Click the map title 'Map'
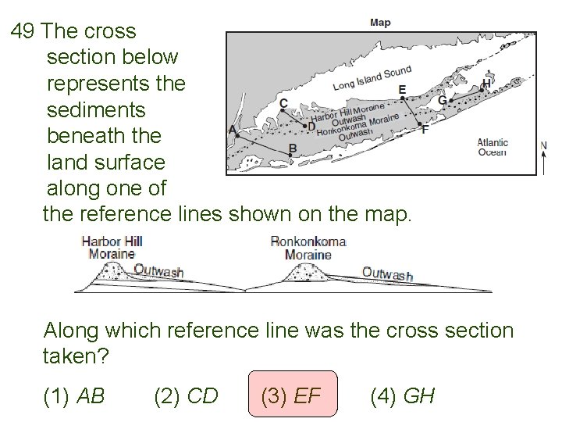380,23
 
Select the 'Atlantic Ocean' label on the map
493,147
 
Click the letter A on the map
233,131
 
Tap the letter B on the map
292,148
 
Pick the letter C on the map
283,103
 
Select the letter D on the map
311,126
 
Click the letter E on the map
402,90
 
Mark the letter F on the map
424,130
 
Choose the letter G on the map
443,100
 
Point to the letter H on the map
487,83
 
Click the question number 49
23,32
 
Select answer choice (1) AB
76,396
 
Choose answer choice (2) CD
187,396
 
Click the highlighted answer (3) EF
293,396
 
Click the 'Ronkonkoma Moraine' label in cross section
308,248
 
